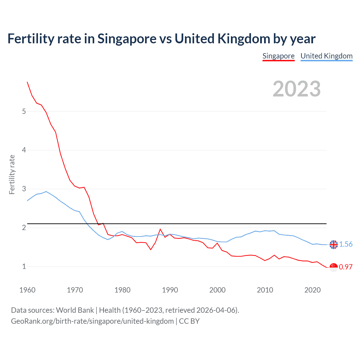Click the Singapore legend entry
[278, 56]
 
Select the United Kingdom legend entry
[326, 56]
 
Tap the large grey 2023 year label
[296, 89]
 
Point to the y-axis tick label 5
[24, 111]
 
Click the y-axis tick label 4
[24, 150]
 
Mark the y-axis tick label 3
[24, 189]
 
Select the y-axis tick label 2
[24, 228]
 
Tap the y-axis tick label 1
[24, 266]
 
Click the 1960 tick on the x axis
[27, 290]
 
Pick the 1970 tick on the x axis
[75, 290]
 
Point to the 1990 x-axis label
[170, 290]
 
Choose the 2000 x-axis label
[217, 290]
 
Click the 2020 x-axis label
[312, 290]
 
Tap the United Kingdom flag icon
[334, 244]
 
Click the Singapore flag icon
[334, 267]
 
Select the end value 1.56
[346, 244]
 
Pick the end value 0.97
[346, 267]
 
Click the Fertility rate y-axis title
[12, 174]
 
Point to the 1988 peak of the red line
[160, 229]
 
